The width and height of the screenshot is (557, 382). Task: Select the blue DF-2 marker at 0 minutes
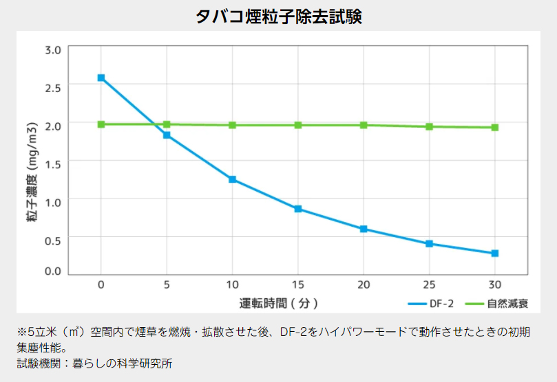pos(101,78)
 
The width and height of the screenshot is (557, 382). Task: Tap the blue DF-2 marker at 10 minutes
pos(233,179)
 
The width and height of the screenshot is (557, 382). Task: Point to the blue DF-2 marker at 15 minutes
pos(298,209)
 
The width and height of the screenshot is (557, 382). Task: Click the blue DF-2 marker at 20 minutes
pos(364,229)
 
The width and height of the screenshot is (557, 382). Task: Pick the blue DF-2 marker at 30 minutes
pos(494,254)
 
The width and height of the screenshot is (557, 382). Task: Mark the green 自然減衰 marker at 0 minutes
pos(101,124)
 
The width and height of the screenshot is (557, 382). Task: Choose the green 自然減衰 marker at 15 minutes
pos(298,125)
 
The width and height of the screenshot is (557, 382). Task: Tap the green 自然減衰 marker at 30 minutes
pos(494,127)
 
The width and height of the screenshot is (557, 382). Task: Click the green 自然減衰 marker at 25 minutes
pos(429,126)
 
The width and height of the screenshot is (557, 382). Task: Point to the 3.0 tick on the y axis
pos(53,49)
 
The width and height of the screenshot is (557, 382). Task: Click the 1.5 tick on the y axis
pos(53,162)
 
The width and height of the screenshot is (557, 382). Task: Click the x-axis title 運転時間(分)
pos(278,302)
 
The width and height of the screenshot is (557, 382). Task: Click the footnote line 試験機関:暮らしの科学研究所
pos(95,363)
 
